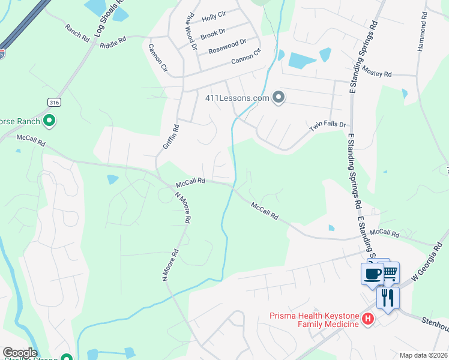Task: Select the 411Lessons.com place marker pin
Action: point(278,97)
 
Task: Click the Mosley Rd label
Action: point(376,73)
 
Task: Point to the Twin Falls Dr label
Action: point(328,127)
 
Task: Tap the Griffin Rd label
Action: point(171,137)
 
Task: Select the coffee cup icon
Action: point(372,274)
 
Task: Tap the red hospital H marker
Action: point(368,320)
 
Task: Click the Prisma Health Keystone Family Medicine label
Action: point(313,320)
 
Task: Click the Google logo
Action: point(20,353)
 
